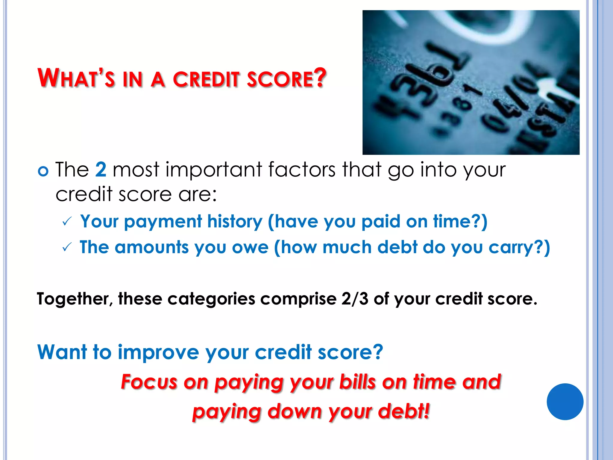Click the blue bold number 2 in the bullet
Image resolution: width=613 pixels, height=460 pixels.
tap(101, 170)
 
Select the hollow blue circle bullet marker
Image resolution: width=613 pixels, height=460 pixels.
tap(43, 171)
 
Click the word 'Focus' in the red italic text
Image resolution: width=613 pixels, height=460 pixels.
tap(149, 382)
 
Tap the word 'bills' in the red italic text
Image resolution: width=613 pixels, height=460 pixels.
tap(357, 382)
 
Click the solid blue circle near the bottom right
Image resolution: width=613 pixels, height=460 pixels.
tap(565, 402)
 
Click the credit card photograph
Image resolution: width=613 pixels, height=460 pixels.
tap(471, 82)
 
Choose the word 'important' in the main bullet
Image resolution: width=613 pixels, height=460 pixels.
tap(214, 170)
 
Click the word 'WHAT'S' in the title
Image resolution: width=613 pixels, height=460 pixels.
tap(76, 78)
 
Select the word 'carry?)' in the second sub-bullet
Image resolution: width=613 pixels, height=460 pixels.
tap(519, 248)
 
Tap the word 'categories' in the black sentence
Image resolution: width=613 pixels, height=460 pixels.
tap(211, 299)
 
